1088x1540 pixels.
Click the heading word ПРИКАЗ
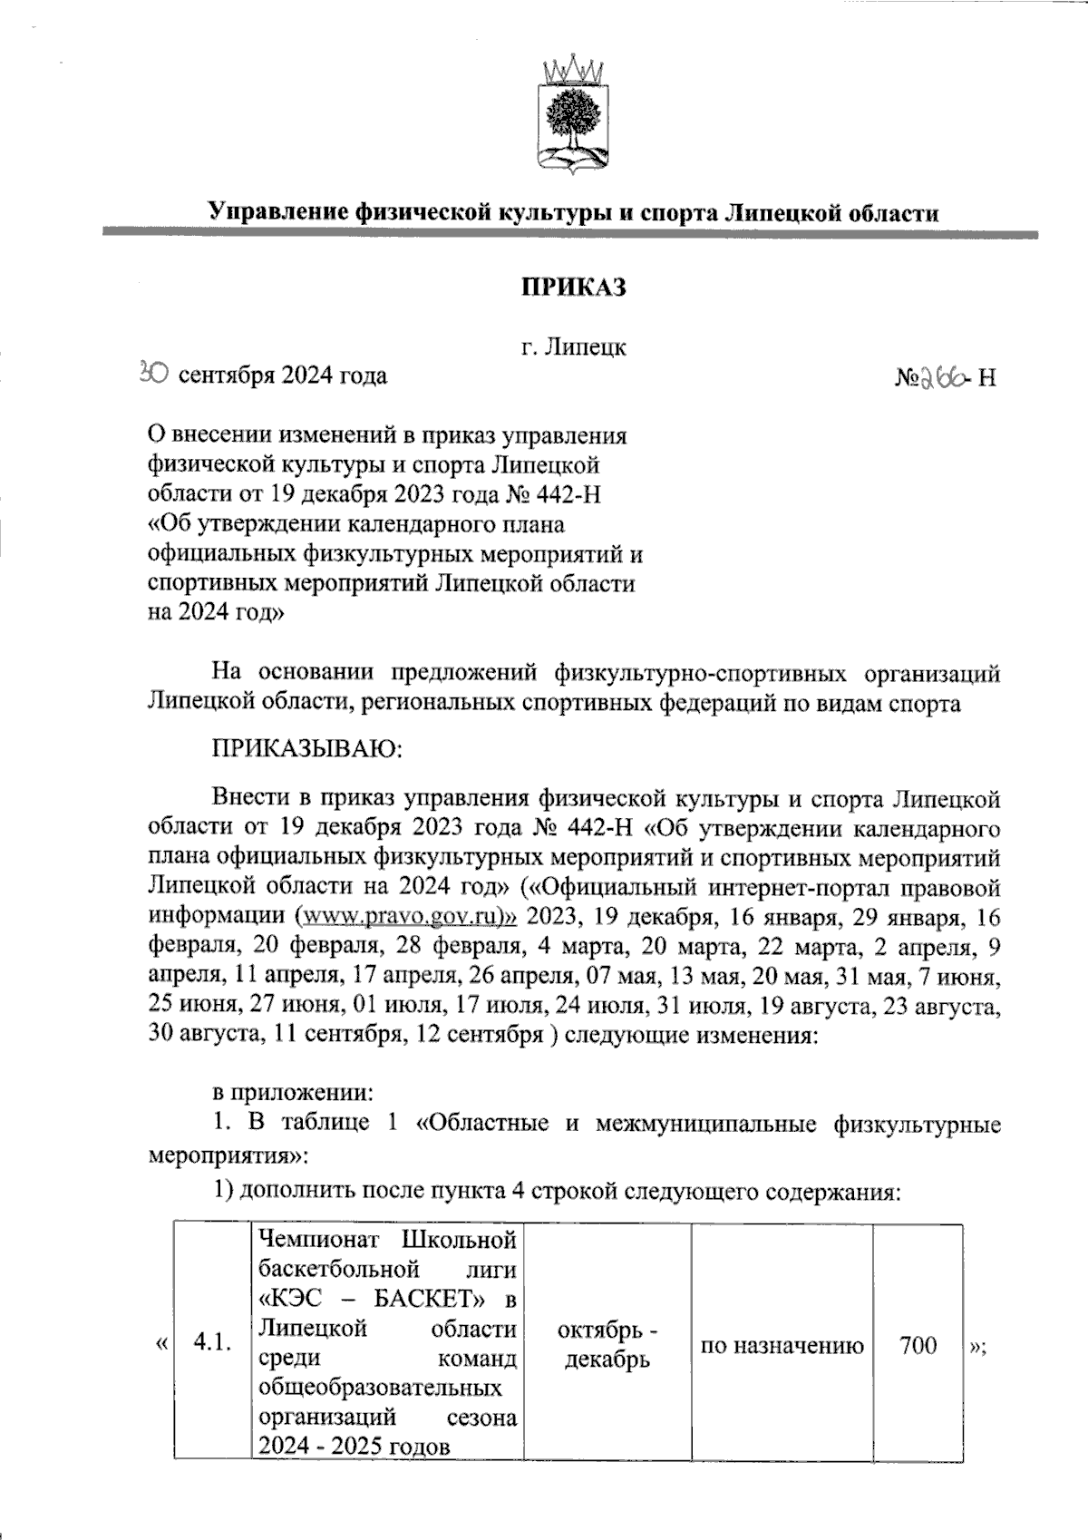(x=572, y=288)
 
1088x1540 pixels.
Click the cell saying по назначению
(x=782, y=1345)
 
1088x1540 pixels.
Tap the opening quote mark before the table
(x=160, y=1344)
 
